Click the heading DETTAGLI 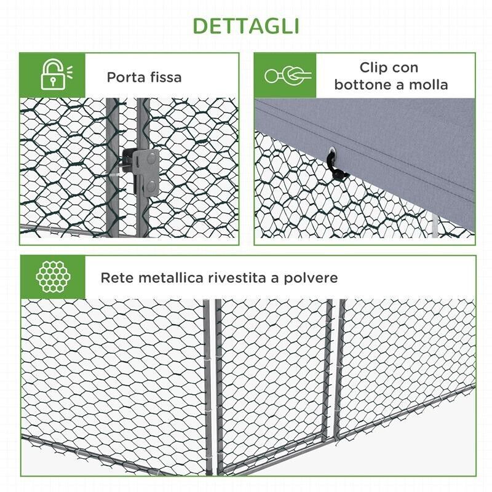coord(246,26)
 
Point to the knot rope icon coord(287,76)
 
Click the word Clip coord(374,68)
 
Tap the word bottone coord(363,84)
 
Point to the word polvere coord(311,277)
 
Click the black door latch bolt coord(129,162)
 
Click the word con coord(406,68)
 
